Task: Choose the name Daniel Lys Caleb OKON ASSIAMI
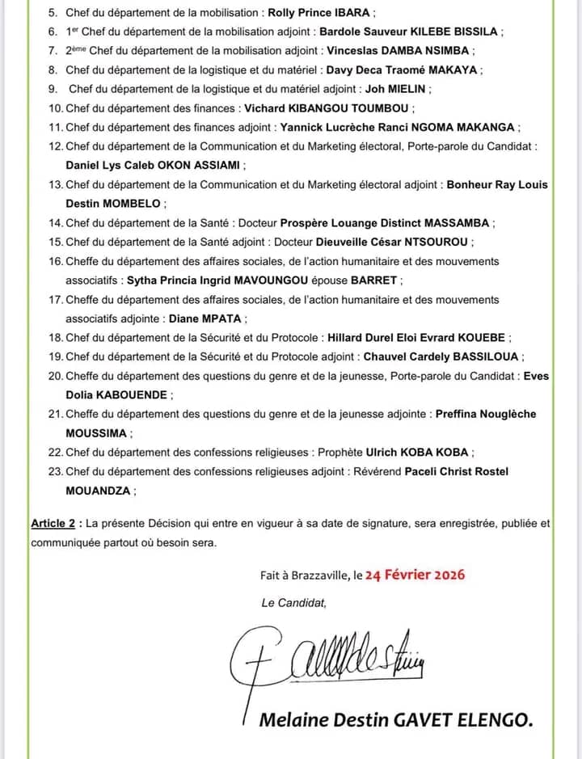154,165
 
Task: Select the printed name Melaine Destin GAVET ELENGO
395,720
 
